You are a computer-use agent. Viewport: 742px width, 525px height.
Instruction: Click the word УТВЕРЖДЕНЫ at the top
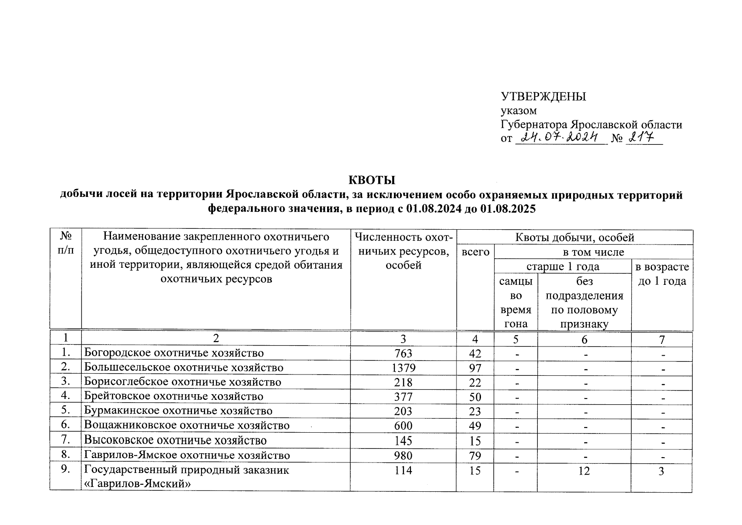coord(543,97)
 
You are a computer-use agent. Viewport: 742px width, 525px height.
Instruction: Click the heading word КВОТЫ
coord(372,180)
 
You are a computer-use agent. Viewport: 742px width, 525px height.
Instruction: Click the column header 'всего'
coord(476,252)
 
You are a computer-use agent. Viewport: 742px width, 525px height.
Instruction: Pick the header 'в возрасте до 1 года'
coord(662,274)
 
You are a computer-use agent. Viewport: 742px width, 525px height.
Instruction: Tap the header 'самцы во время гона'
coord(516,302)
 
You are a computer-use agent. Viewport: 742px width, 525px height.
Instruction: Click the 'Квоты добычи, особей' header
coord(575,238)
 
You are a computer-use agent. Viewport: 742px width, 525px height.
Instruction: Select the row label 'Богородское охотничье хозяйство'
coord(174,353)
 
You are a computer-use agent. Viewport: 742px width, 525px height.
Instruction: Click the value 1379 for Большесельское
coord(403,368)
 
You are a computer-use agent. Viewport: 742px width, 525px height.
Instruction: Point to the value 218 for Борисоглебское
coord(403,382)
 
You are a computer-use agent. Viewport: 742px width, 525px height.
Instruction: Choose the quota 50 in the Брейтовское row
coord(475,397)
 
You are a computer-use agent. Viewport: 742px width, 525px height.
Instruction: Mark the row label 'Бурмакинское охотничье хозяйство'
coord(178,411)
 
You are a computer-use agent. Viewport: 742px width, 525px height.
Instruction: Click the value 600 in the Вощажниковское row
coord(403,426)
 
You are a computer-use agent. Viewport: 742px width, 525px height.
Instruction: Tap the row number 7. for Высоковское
coord(66,440)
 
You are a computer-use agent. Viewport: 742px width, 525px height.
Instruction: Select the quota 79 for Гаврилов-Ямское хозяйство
coord(475,455)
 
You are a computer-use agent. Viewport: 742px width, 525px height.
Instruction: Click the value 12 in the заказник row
coord(584,471)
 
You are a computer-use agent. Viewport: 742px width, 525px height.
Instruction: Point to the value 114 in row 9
coord(403,471)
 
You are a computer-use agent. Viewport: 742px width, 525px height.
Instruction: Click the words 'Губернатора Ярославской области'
coord(591,125)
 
